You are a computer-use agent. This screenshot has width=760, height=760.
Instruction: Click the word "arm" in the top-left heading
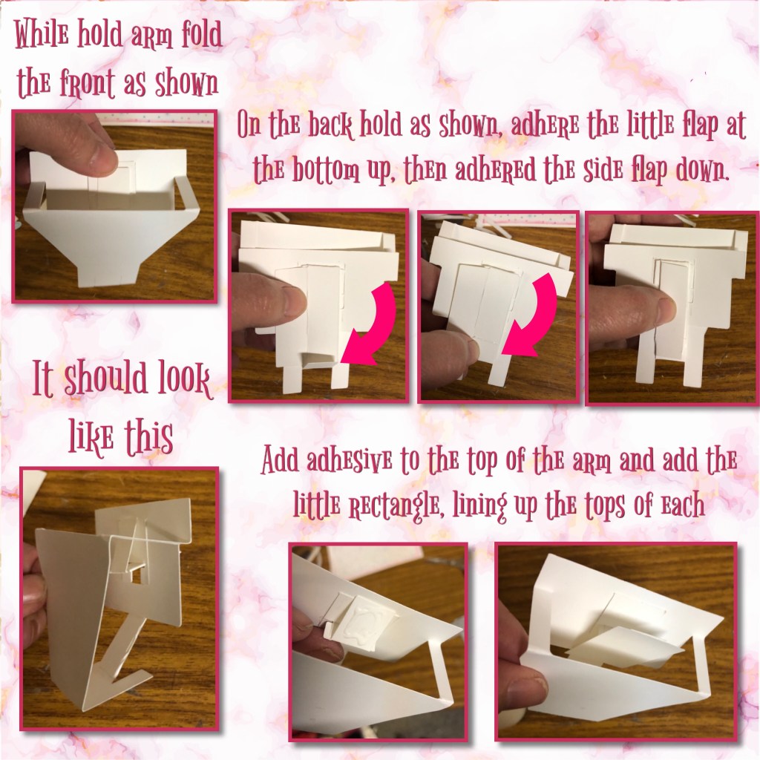156,36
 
